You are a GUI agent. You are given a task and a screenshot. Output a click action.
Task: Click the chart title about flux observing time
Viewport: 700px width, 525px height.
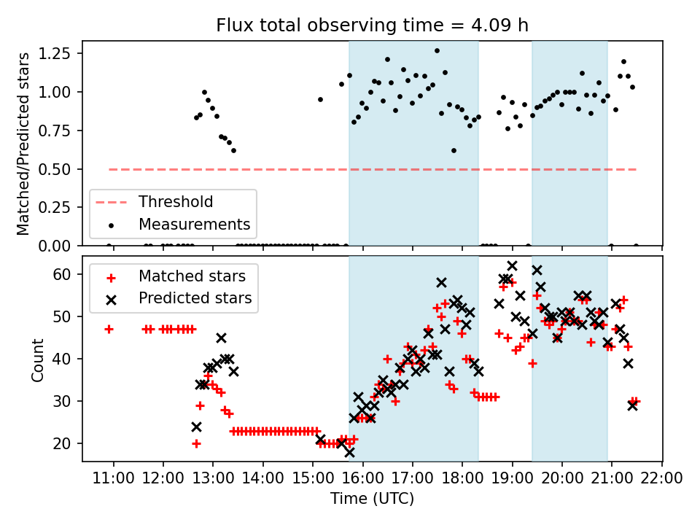coord(372,26)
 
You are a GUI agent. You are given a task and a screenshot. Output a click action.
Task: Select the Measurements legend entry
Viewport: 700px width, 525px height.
coord(194,224)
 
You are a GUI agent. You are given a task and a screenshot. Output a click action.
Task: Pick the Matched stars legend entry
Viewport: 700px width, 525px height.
coord(192,276)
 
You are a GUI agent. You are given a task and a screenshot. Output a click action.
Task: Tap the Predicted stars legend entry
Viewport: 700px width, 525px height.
coord(195,297)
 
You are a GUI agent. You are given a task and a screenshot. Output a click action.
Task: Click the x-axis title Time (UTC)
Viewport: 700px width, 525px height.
coord(372,499)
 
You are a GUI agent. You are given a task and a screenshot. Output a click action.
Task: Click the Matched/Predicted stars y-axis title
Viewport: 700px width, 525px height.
coord(23,143)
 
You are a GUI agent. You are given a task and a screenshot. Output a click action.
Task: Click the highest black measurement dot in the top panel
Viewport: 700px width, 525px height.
coord(437,51)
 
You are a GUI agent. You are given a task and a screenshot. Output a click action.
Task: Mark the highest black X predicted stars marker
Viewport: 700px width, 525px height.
coord(512,266)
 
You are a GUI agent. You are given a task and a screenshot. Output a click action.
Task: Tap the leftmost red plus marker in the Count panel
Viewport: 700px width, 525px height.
coord(109,329)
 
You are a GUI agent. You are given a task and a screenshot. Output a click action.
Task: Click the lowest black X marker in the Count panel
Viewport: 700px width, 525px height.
coord(349,452)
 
